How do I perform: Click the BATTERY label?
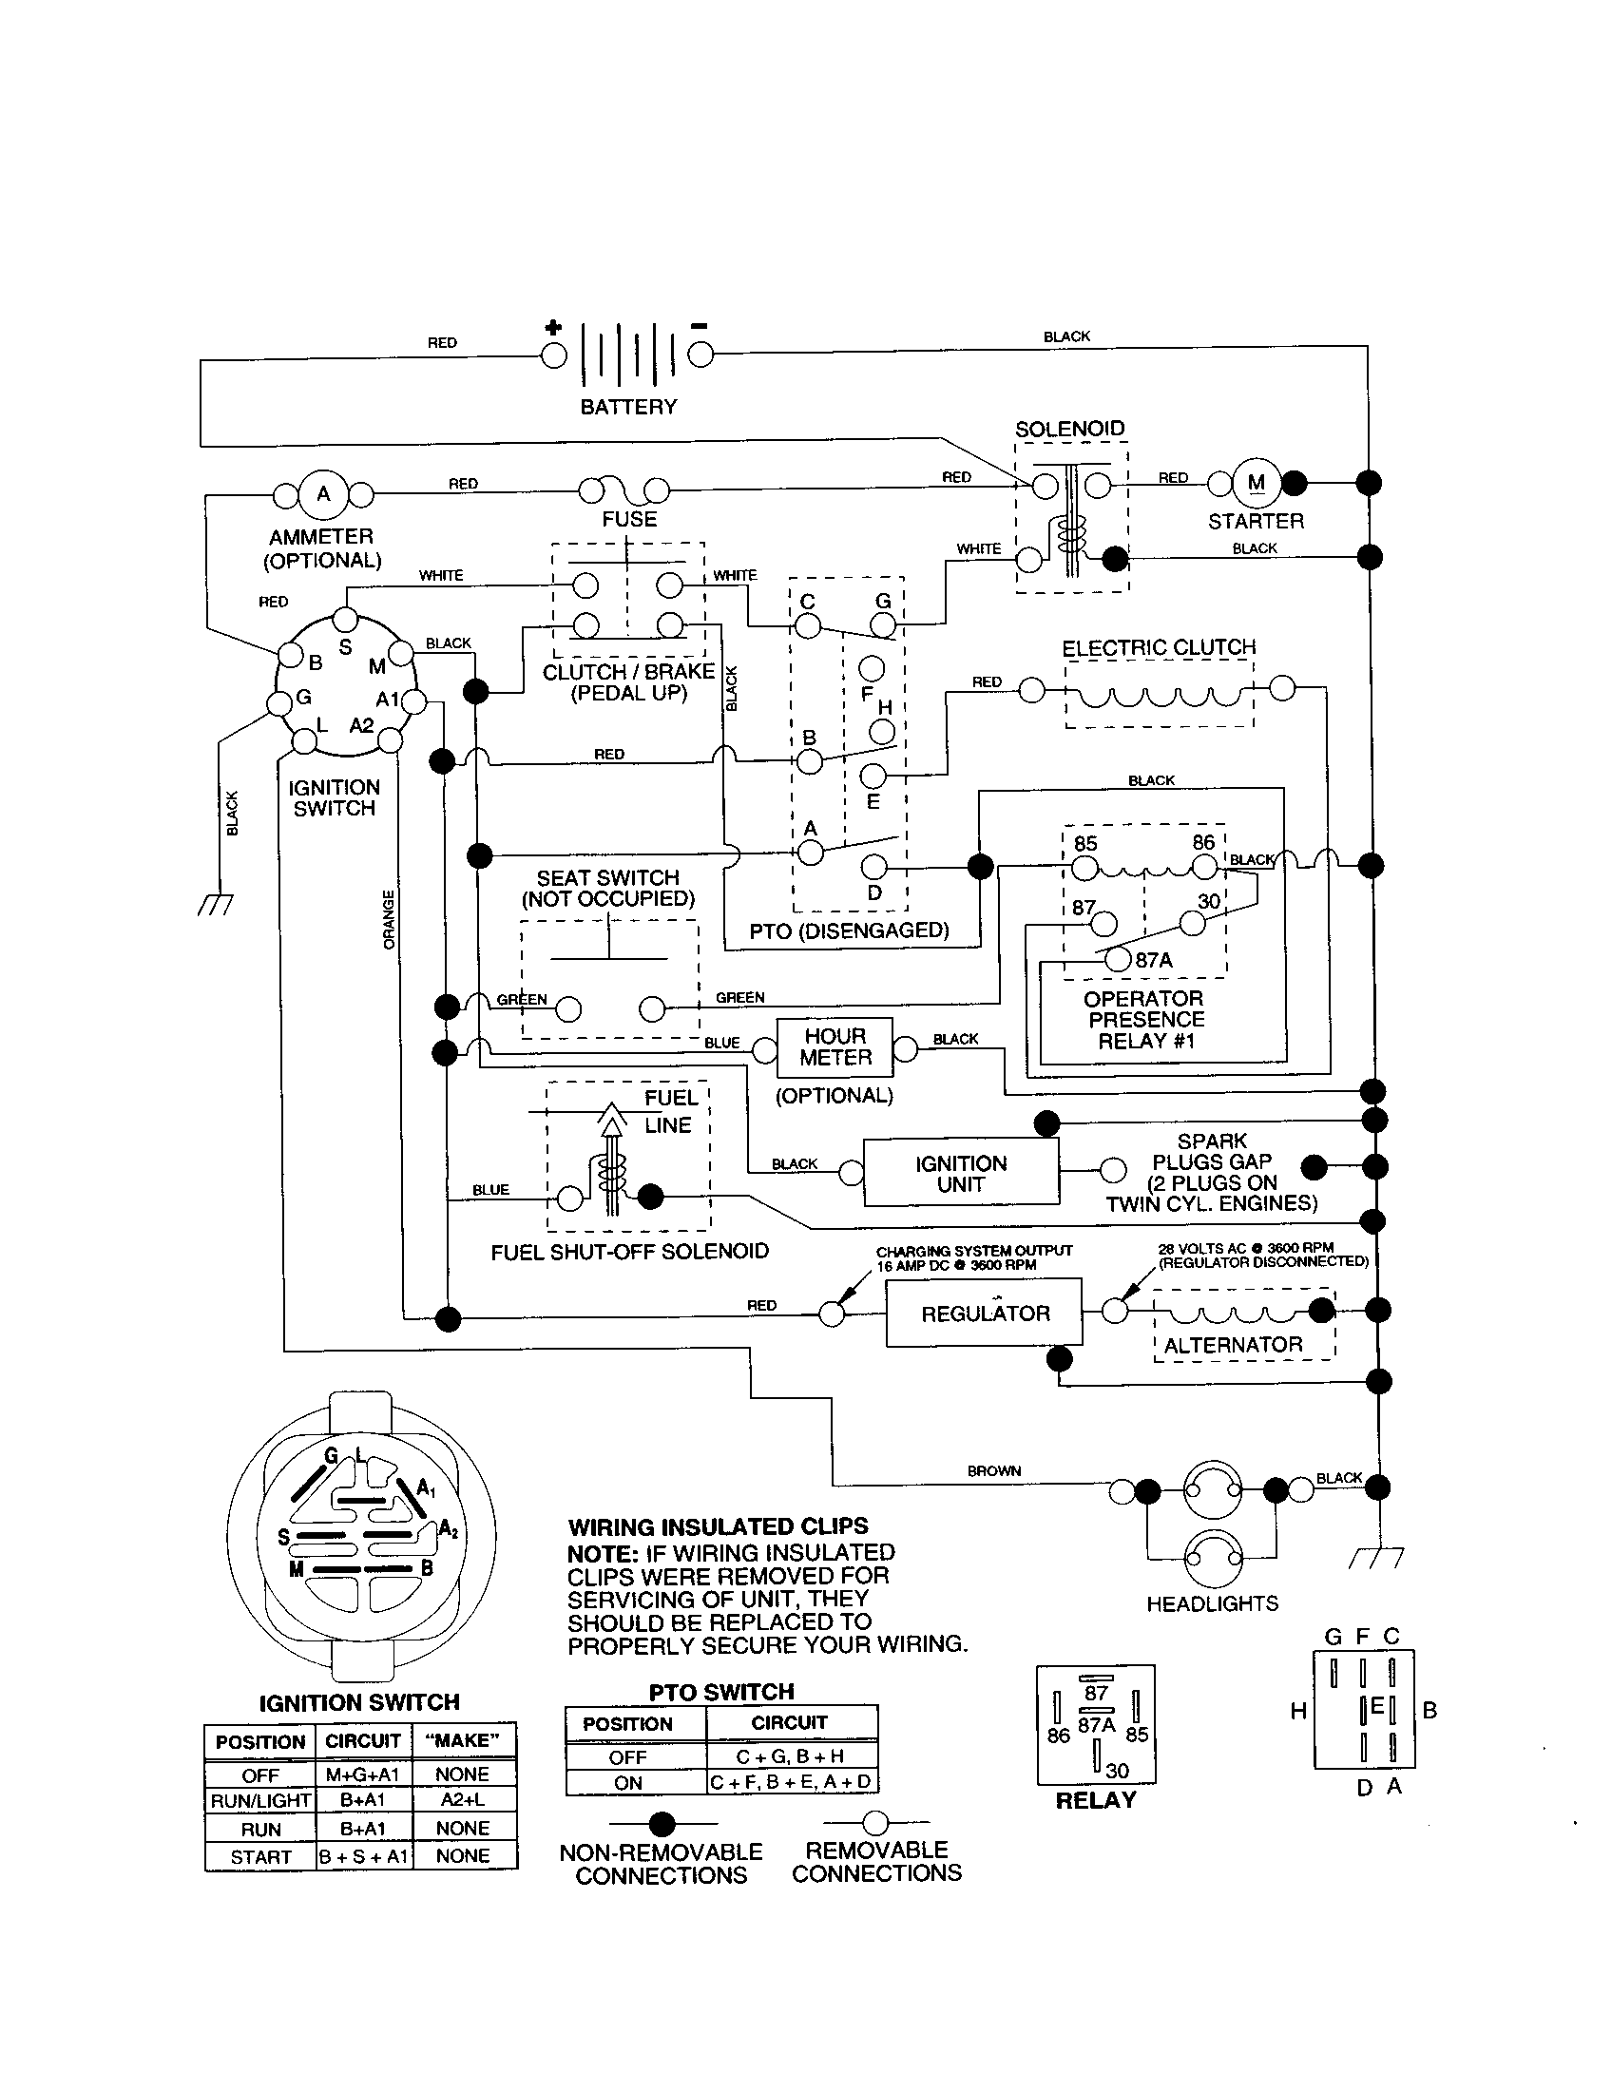pos(628,407)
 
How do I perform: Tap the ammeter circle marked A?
pos(323,494)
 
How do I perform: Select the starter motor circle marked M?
pos(1256,484)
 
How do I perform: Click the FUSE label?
pos(629,520)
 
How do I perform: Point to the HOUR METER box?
pos(835,1047)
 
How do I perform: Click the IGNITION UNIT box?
pos(961,1174)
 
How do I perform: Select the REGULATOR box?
pos(984,1314)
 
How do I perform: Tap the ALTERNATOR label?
pos(1233,1345)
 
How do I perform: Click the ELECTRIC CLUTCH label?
pos(1159,648)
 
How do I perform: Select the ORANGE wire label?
pos(389,920)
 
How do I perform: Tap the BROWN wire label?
pos(993,1470)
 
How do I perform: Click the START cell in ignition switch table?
pos(260,1857)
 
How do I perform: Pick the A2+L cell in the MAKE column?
pos(463,1800)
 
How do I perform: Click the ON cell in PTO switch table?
pos(628,1783)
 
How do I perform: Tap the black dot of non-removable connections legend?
pos(662,1824)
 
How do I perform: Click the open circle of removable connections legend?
pos(875,1823)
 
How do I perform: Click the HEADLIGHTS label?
pos(1212,1603)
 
